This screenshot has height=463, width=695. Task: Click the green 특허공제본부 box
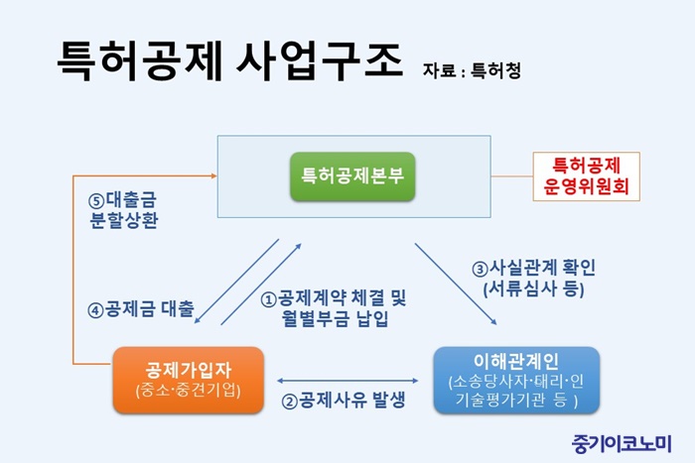point(352,176)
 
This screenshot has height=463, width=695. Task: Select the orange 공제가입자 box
point(189,381)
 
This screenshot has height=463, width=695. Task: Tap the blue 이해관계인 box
point(516,381)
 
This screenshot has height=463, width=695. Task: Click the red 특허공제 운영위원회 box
point(587,176)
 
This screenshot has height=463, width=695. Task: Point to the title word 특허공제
point(139,61)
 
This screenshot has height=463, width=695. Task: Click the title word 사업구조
point(320,61)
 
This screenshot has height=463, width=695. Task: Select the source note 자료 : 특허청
point(472,70)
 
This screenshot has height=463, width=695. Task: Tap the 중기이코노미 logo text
point(622,443)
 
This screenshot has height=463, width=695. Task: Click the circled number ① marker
point(269,299)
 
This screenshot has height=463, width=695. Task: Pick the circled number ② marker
point(290,402)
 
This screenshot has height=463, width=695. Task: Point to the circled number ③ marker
point(480,269)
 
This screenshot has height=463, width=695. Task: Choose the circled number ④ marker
point(95,310)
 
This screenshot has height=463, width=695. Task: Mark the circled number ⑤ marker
point(96,201)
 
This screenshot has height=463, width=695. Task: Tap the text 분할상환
point(124,220)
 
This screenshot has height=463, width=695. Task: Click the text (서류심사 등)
point(534,289)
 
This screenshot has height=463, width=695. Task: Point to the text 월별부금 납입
point(336,318)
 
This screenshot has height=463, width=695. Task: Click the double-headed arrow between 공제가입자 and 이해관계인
point(347,381)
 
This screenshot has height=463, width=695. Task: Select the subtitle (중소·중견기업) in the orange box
point(189,391)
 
